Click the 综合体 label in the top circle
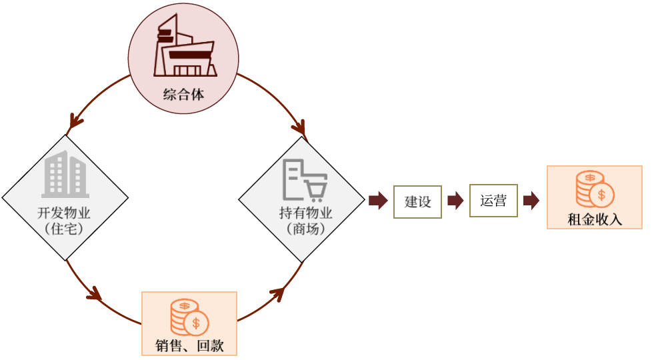coord(183,95)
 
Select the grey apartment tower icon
coord(65,175)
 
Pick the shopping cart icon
coord(305,180)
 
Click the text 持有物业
coord(305,214)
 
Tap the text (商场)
coord(305,229)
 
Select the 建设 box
coord(417,201)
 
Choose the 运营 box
coord(493,201)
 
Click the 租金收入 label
coord(594,219)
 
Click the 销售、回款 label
coord(189,345)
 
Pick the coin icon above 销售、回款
coord(189,317)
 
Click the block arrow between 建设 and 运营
coord(455,201)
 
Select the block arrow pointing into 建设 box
coord(378,201)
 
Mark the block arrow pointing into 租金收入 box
coord(531,201)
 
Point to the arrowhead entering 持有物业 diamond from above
coord(299,127)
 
